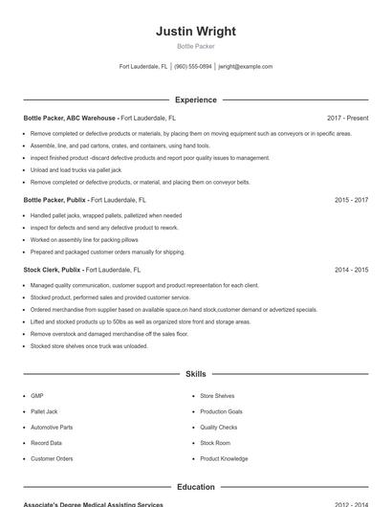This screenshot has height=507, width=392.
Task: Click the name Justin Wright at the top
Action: click(196, 32)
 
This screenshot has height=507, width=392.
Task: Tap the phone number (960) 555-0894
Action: click(193, 67)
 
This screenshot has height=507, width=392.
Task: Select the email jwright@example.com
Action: click(245, 67)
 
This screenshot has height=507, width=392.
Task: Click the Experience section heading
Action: click(196, 99)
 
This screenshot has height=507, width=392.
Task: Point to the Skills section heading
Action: click(196, 374)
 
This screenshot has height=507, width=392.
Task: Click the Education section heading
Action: click(196, 487)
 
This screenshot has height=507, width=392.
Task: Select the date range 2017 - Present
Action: click(347, 118)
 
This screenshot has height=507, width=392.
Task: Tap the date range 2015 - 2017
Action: click(351, 201)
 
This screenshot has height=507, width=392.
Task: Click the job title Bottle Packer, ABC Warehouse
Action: click(70, 118)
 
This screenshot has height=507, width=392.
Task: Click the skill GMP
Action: click(37, 396)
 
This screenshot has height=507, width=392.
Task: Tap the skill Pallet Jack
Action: click(44, 411)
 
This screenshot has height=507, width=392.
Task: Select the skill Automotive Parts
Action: click(52, 428)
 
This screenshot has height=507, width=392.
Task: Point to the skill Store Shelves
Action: click(217, 396)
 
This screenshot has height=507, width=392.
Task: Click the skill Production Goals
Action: click(221, 411)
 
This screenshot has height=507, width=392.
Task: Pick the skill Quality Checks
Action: click(219, 428)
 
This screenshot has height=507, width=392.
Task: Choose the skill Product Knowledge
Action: click(224, 459)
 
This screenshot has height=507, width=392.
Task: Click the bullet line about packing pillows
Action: click(84, 240)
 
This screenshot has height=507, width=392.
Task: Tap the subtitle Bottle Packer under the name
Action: click(196, 46)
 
